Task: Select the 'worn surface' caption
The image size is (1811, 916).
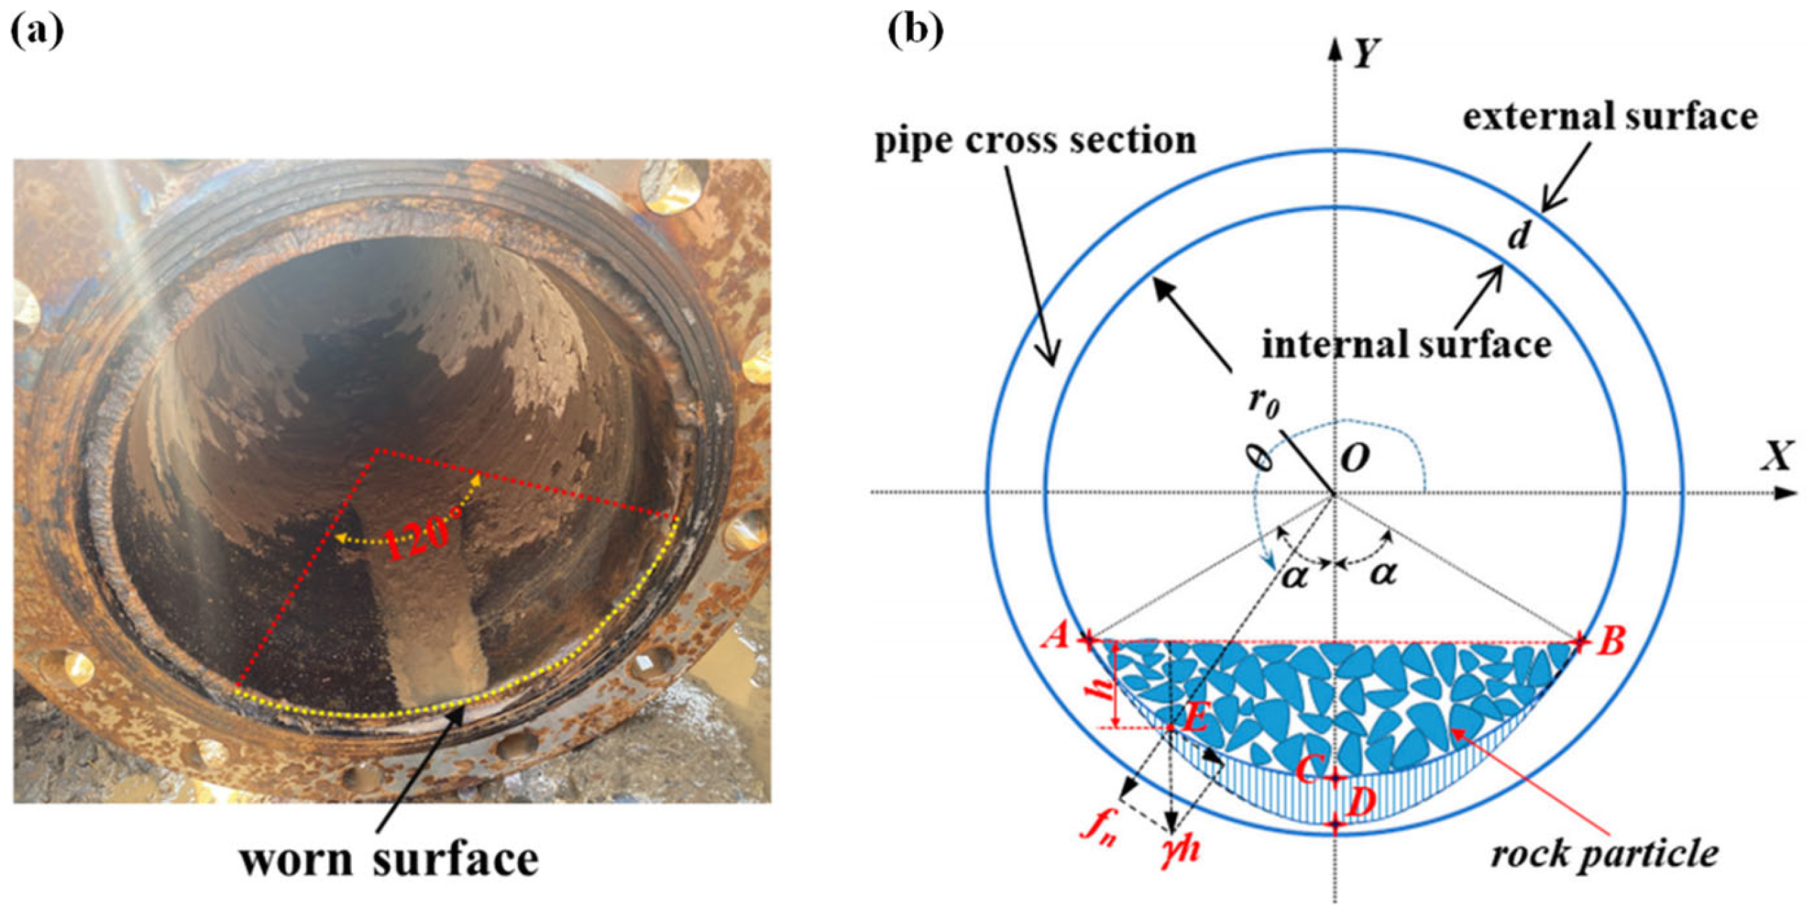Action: pos(389,859)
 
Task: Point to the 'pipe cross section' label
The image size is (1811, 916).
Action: pos(1035,141)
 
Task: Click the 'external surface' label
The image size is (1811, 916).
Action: pos(1610,117)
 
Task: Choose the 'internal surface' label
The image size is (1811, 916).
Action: pos(1407,345)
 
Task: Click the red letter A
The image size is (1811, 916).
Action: pos(1056,638)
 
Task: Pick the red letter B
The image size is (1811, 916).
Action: pos(1610,641)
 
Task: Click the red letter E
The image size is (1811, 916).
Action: pos(1194,719)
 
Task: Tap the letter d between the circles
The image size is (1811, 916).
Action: pos(1519,237)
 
